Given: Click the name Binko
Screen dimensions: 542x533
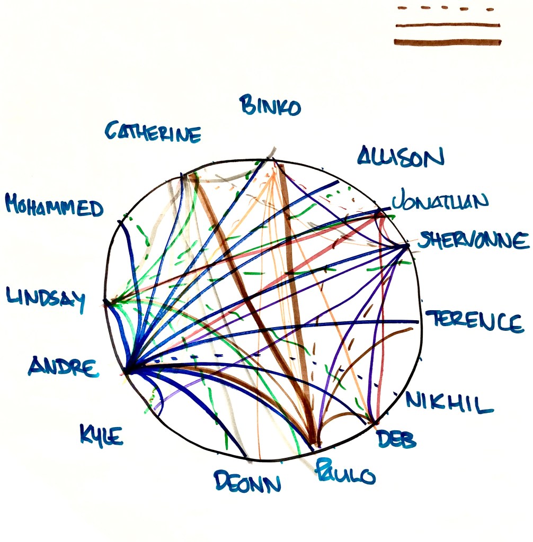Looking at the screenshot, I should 271,105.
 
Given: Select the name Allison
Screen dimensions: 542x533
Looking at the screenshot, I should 400,157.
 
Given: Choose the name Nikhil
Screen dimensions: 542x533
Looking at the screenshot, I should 450,404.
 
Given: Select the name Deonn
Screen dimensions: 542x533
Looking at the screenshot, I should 247,481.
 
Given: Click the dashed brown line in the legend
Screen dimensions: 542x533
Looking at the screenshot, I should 447,8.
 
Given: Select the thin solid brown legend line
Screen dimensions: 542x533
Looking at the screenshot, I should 448,25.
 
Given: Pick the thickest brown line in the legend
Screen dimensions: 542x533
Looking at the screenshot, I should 448,42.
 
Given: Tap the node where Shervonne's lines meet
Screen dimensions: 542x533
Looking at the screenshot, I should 406,246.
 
